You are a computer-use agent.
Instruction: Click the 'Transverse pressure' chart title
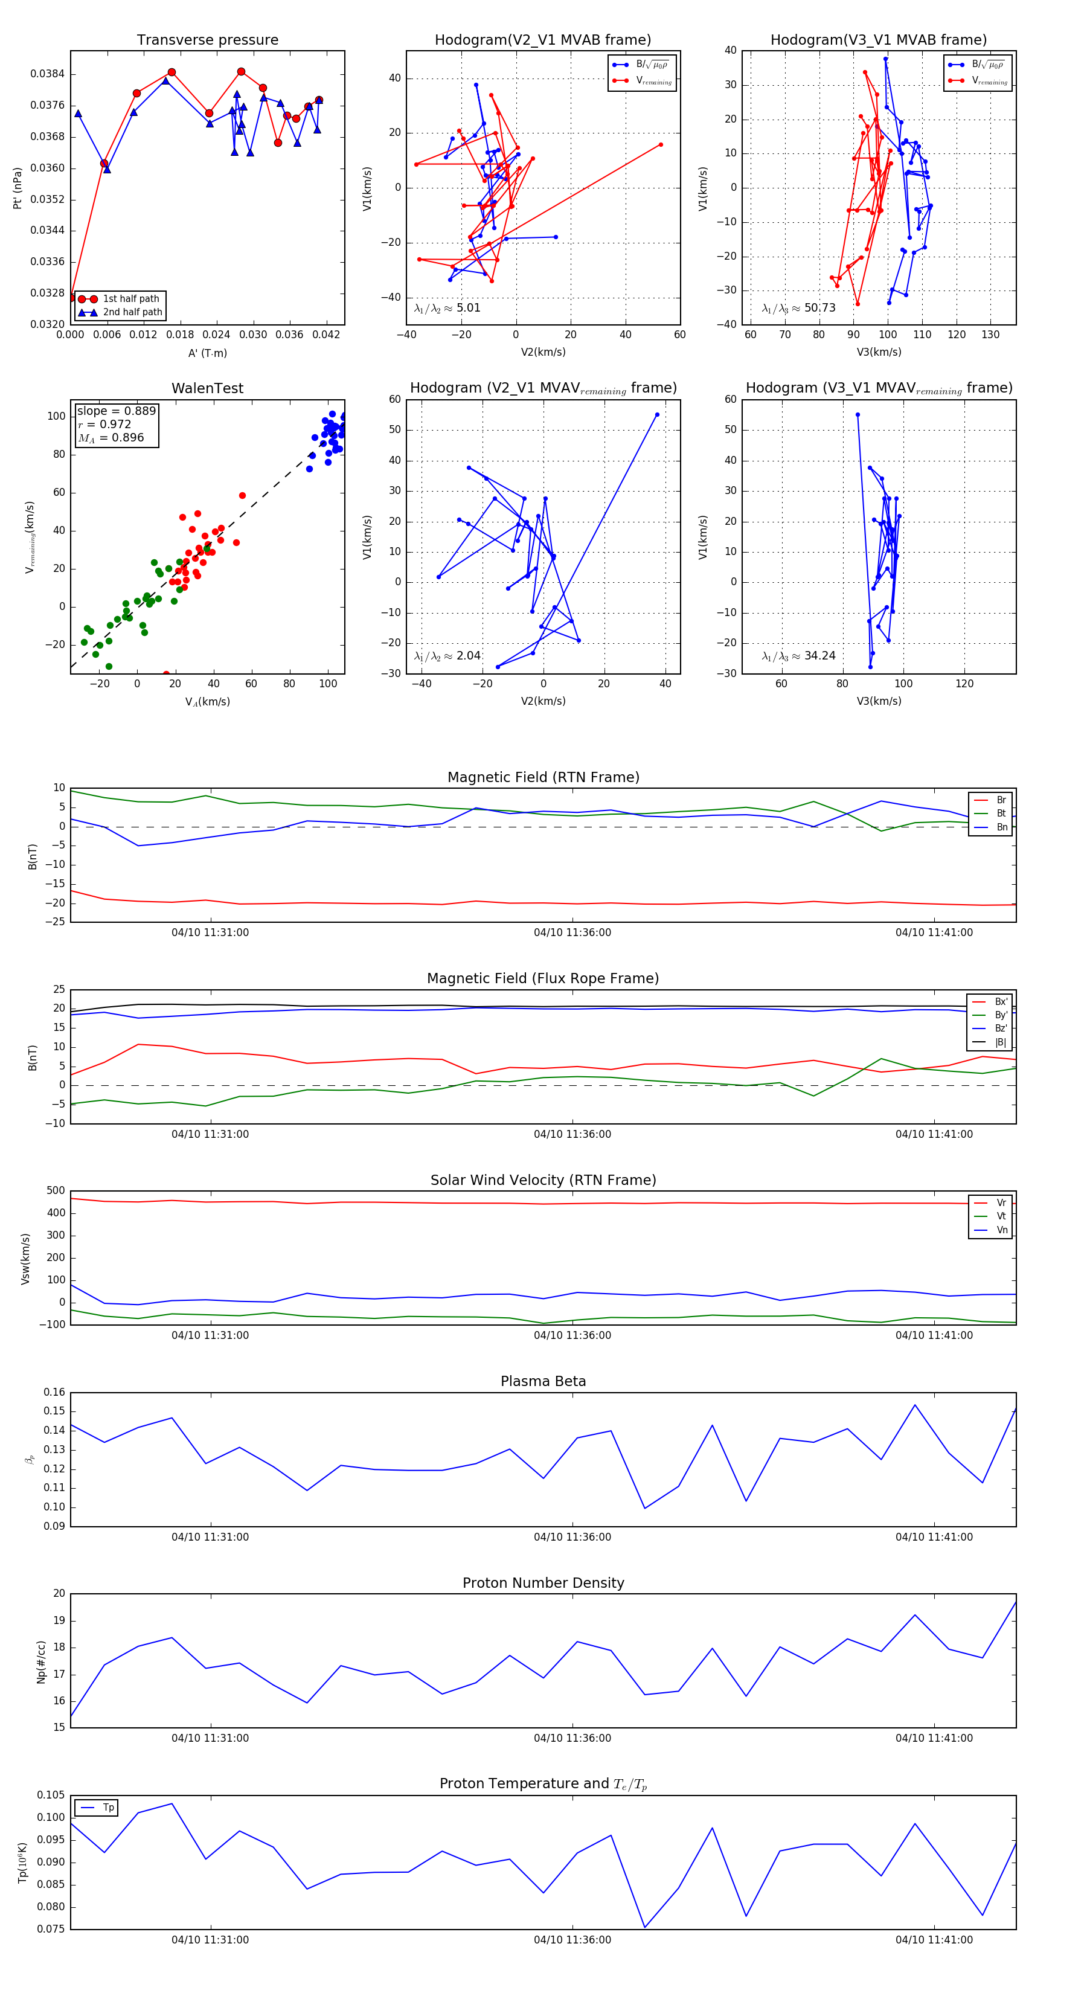tap(207, 40)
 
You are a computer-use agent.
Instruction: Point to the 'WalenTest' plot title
tap(207, 388)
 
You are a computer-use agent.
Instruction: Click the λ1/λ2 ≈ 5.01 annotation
tap(447, 308)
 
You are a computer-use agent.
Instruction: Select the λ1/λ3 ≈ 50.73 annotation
tap(798, 308)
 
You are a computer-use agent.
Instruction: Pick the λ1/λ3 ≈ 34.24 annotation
tap(798, 656)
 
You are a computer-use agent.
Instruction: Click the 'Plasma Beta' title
tap(543, 1382)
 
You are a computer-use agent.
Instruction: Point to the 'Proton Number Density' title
tap(543, 1583)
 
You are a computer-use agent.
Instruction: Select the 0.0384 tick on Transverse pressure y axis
tap(47, 74)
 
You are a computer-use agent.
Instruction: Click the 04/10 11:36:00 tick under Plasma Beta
tap(572, 1537)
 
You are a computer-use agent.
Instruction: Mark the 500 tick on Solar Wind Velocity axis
tap(56, 1191)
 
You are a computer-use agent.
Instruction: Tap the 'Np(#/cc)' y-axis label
tap(42, 1662)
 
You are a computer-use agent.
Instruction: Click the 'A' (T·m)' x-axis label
tap(207, 353)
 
